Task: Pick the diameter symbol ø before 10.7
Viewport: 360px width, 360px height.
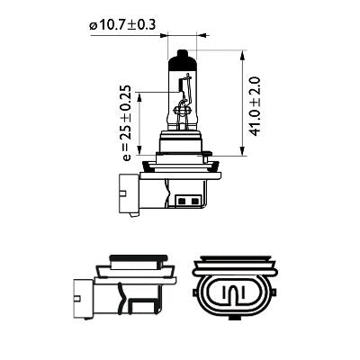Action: click(x=92, y=25)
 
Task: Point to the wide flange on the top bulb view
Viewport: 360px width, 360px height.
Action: click(x=184, y=166)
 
